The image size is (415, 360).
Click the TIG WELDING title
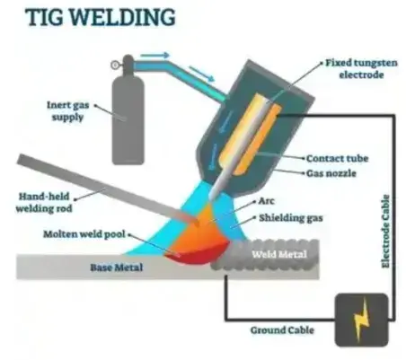pyautogui.click(x=101, y=17)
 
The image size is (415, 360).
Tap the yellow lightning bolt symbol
pyautogui.click(x=361, y=320)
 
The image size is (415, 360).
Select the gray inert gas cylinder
pyautogui.click(x=128, y=110)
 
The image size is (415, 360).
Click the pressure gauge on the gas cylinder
pyautogui.click(x=115, y=65)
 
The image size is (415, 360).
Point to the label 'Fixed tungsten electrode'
pyautogui.click(x=361, y=69)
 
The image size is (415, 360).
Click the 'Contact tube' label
pyautogui.click(x=337, y=158)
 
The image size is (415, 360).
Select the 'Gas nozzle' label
pyautogui.click(x=331, y=173)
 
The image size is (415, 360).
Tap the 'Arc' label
pyautogui.click(x=266, y=201)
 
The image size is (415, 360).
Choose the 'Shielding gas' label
pyautogui.click(x=291, y=218)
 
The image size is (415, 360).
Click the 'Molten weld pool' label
pyautogui.click(x=84, y=234)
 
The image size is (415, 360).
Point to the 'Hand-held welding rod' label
pyautogui.click(x=44, y=202)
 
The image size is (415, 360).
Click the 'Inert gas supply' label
pyautogui.click(x=68, y=110)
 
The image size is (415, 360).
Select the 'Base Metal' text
pyautogui.click(x=117, y=268)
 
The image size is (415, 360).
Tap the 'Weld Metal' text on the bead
pyautogui.click(x=279, y=254)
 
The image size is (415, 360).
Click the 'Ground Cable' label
pyautogui.click(x=282, y=330)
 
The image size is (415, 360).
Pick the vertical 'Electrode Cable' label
pyautogui.click(x=386, y=232)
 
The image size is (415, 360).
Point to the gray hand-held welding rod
pyautogui.click(x=108, y=190)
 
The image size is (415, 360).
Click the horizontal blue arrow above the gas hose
pyautogui.click(x=155, y=56)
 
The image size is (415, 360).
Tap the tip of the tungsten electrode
pyautogui.click(x=211, y=199)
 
